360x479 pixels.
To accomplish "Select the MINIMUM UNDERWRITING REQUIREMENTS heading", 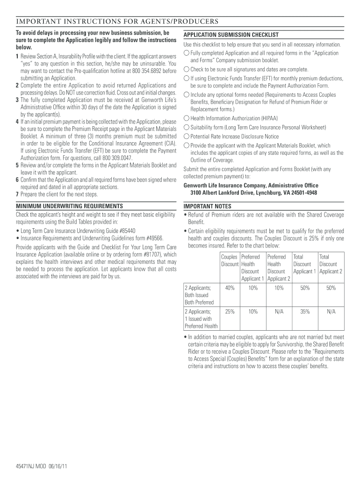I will pyautogui.click(x=70, y=206).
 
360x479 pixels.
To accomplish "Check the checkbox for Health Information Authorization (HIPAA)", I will pyautogui.click(x=187, y=118).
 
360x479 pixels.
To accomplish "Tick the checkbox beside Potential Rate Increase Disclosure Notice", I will pyautogui.click(x=187, y=137).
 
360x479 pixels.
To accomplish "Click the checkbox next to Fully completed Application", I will pyautogui.click(x=187, y=53).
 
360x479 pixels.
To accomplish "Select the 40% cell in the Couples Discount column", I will pyautogui.click(x=230, y=288).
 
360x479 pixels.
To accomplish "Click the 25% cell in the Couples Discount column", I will pyautogui.click(x=230, y=311).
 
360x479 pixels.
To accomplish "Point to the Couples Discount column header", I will pyautogui.click(x=230, y=261).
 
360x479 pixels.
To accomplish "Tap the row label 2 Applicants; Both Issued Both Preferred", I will pyautogui.click(x=200, y=295).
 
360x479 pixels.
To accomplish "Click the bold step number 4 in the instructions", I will pyautogui.click(x=17, y=122).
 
